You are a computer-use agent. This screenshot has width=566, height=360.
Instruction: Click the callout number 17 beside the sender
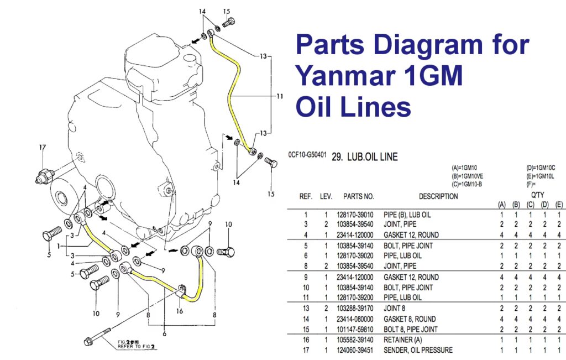41,147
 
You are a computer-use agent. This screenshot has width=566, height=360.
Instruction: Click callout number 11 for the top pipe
280,96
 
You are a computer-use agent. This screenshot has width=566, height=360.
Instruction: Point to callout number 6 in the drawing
164,333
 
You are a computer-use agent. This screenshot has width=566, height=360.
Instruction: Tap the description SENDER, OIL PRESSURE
418,350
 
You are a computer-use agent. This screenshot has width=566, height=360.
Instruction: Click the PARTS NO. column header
358,196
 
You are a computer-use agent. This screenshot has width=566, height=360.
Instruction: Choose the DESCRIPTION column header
438,196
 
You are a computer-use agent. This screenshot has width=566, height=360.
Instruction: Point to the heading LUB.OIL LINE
364,157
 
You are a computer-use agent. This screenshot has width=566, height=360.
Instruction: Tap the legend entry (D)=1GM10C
541,168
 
